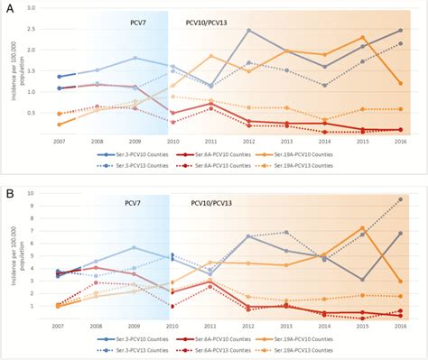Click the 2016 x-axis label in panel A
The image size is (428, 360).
(x=399, y=143)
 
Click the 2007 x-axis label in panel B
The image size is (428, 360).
(x=57, y=326)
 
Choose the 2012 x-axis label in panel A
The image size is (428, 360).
(x=247, y=143)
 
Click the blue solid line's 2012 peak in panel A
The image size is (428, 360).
(x=247, y=31)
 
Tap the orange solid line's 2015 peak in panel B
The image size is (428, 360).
(x=361, y=228)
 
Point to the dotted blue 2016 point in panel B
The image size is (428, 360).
(x=399, y=199)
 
